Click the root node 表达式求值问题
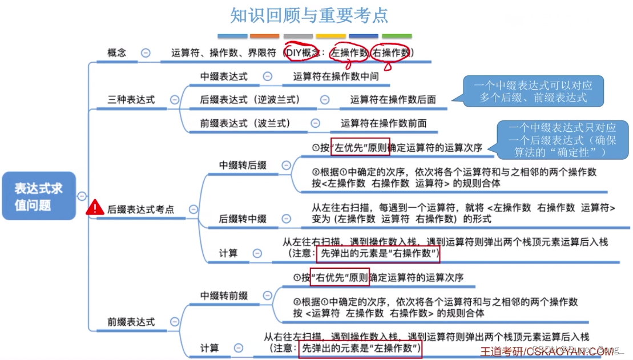pos(39,196)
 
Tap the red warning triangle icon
pos(95,209)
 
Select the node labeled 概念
pos(117,52)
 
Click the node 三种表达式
pos(131,99)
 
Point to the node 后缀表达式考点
pos(140,209)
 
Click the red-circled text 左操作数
pos(349,52)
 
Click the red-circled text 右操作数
pos(391,52)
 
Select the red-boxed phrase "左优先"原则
pos(353,147)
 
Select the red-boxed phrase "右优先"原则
pos(340,278)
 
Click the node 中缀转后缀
pos(243,165)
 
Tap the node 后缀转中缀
pos(243,219)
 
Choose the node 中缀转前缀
pos(224,296)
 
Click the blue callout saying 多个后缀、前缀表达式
pos(533,91)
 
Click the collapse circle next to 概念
pos(146,52)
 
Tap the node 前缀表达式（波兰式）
pos(245,123)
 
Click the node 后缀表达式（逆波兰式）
pos(250,99)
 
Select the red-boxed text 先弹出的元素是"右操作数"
pos(378,253)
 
